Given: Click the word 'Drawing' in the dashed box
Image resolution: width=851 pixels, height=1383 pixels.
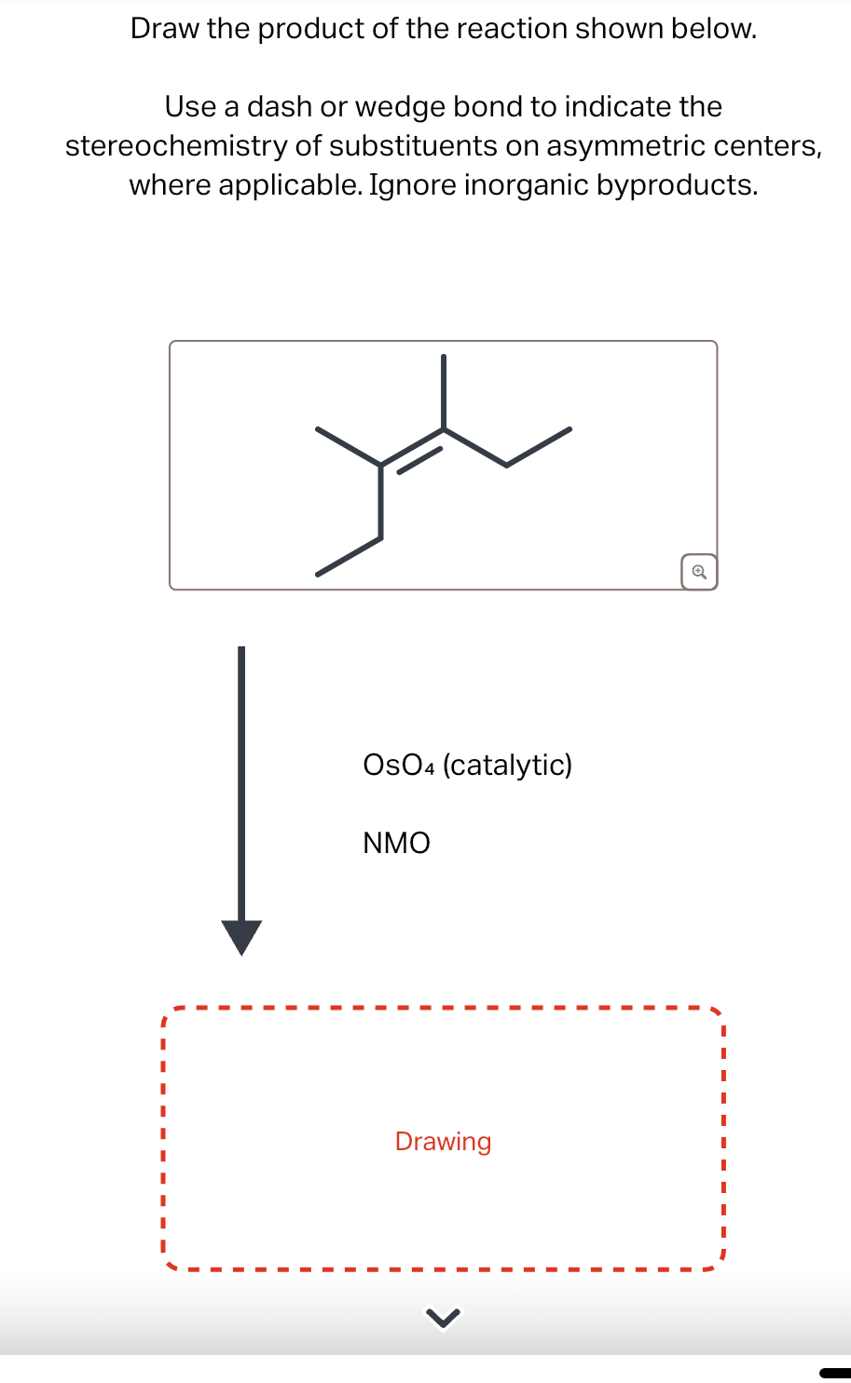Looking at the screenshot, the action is (x=443, y=1141).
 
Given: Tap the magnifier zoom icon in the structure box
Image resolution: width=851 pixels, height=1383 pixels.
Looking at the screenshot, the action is (x=699, y=571).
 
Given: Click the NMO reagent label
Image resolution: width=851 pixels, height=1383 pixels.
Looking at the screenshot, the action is (x=396, y=843).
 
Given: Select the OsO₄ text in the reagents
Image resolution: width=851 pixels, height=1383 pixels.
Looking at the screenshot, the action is (x=399, y=765).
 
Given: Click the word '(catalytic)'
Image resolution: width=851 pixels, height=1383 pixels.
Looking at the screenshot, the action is (x=507, y=765).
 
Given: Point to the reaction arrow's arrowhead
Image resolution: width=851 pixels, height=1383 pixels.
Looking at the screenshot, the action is (x=241, y=937).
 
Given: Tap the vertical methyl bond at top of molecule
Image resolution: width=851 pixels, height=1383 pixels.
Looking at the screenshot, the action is (x=444, y=391).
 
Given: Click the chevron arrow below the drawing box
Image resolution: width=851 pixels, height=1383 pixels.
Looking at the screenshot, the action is (x=443, y=1317).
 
